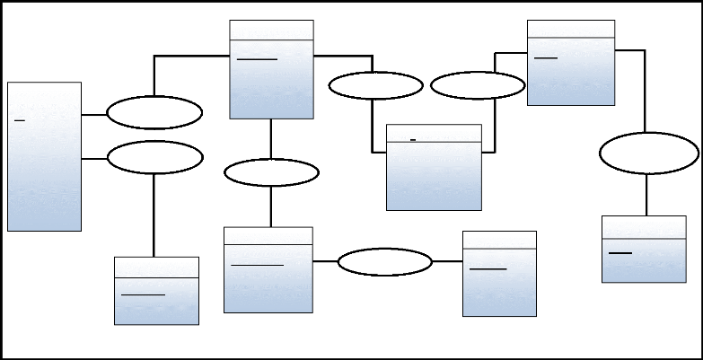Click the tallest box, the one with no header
(44, 157)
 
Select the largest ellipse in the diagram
(648, 154)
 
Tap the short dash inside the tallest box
(20, 118)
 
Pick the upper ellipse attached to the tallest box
(154, 114)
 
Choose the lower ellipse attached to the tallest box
(154, 157)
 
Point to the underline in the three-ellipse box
(257, 59)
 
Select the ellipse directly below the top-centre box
(271, 172)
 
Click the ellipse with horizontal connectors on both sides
(385, 261)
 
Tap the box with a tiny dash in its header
(434, 167)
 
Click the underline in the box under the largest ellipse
(620, 253)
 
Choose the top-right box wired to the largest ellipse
(571, 63)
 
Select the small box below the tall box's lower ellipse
(156, 291)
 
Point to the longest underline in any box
(257, 265)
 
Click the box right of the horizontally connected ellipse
(499, 274)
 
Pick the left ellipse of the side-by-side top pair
(375, 86)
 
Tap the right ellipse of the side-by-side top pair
(478, 86)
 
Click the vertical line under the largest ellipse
(647, 195)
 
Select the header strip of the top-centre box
(272, 30)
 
